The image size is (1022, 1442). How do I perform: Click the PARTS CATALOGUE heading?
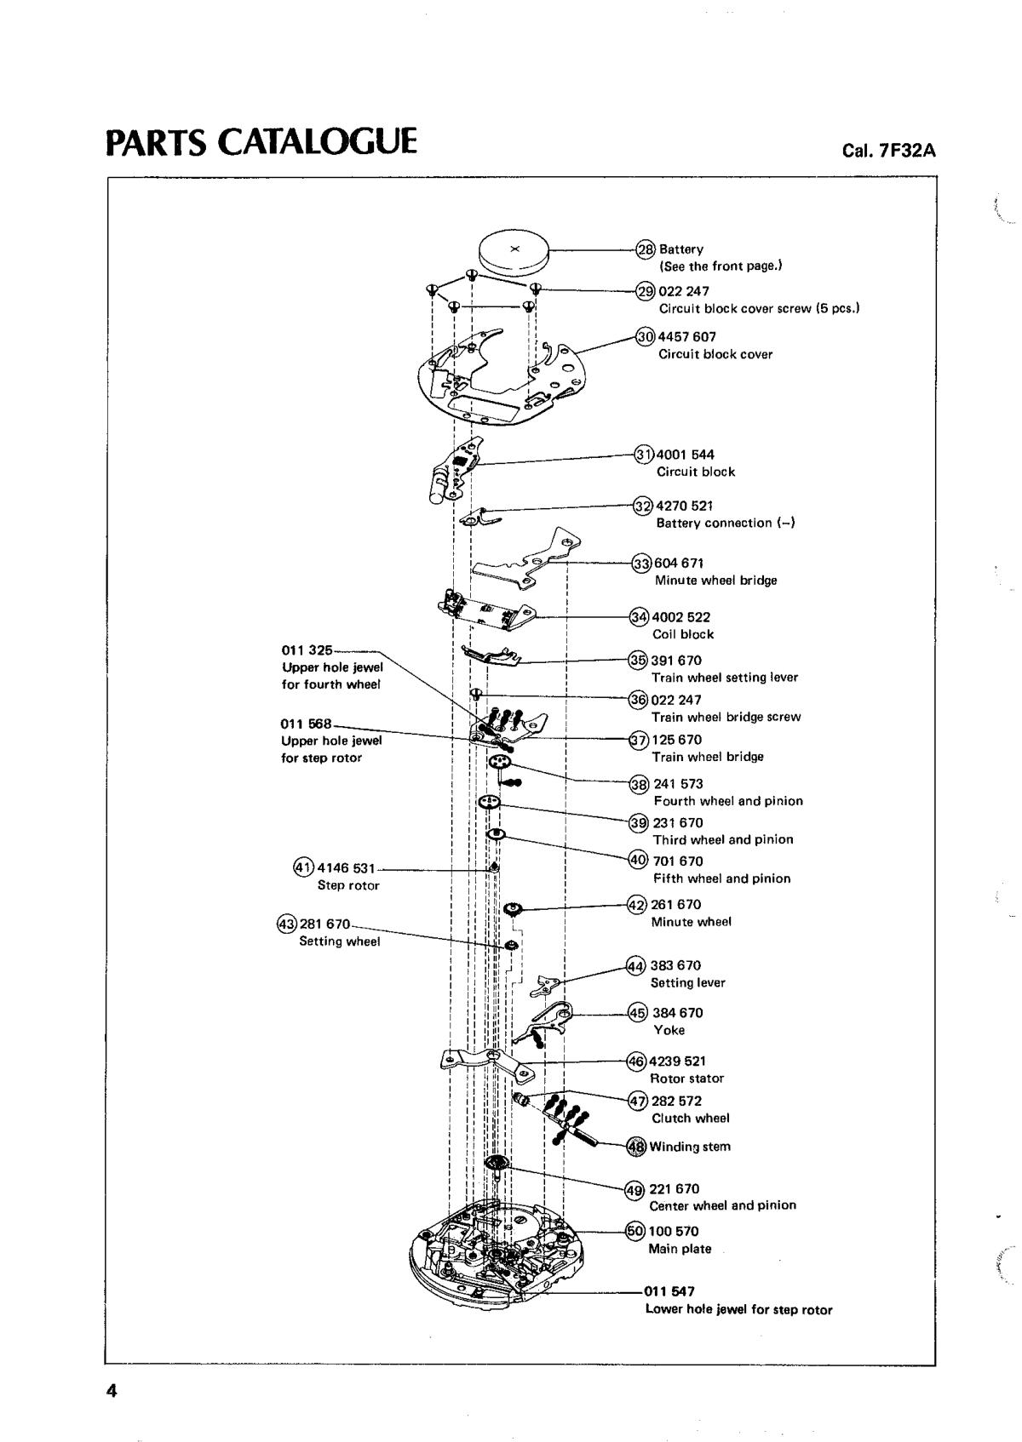point(261,142)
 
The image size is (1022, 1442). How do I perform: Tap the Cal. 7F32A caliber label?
point(888,151)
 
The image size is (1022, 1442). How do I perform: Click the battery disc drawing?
point(514,251)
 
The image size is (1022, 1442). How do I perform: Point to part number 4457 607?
point(686,336)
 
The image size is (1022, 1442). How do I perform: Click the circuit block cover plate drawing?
point(502,375)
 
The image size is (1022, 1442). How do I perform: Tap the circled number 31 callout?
point(645,454)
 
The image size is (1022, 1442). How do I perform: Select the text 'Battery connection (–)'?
point(726,523)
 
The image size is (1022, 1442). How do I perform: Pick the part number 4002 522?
point(680,617)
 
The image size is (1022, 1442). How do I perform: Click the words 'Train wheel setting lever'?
point(725,678)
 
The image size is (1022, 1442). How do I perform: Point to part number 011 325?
point(307,650)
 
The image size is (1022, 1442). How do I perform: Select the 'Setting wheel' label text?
point(339,941)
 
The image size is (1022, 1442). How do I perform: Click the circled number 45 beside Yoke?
point(638,1012)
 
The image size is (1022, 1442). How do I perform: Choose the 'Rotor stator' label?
point(686,1079)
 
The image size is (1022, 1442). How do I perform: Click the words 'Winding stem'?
point(690,1147)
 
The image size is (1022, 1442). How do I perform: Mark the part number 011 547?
point(669,1291)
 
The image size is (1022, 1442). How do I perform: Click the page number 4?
point(112,1391)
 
